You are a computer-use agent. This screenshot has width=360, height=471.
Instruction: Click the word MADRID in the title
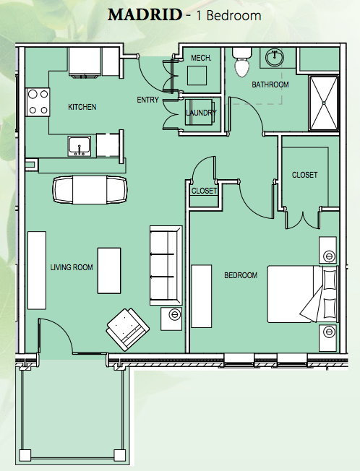(145, 15)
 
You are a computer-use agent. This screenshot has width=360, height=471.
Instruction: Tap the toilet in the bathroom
(242, 62)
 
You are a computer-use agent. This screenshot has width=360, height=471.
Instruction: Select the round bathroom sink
(274, 58)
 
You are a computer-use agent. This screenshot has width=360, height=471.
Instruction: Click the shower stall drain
(324, 103)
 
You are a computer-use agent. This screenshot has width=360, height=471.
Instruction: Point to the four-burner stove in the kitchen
(38, 102)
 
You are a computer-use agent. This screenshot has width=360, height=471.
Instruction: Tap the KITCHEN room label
(82, 107)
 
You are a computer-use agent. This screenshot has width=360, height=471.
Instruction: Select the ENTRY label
(147, 100)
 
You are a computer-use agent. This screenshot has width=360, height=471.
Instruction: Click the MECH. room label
(201, 58)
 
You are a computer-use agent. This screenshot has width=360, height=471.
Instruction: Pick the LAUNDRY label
(201, 113)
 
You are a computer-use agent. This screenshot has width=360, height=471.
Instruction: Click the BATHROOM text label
(270, 85)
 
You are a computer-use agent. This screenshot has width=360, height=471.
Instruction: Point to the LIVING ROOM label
(72, 267)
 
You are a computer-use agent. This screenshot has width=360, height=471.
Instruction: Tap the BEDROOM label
(241, 275)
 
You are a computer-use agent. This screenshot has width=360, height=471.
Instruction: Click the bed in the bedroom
(303, 294)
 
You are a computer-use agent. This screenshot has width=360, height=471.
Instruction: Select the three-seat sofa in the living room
(166, 266)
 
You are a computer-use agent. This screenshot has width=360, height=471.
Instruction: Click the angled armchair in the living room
(128, 329)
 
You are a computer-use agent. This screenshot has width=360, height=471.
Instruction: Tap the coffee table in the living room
(109, 271)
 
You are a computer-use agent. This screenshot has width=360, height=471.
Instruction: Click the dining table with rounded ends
(90, 190)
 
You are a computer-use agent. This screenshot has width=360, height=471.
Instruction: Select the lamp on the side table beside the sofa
(174, 314)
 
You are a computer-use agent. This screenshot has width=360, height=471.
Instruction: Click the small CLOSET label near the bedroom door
(204, 191)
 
